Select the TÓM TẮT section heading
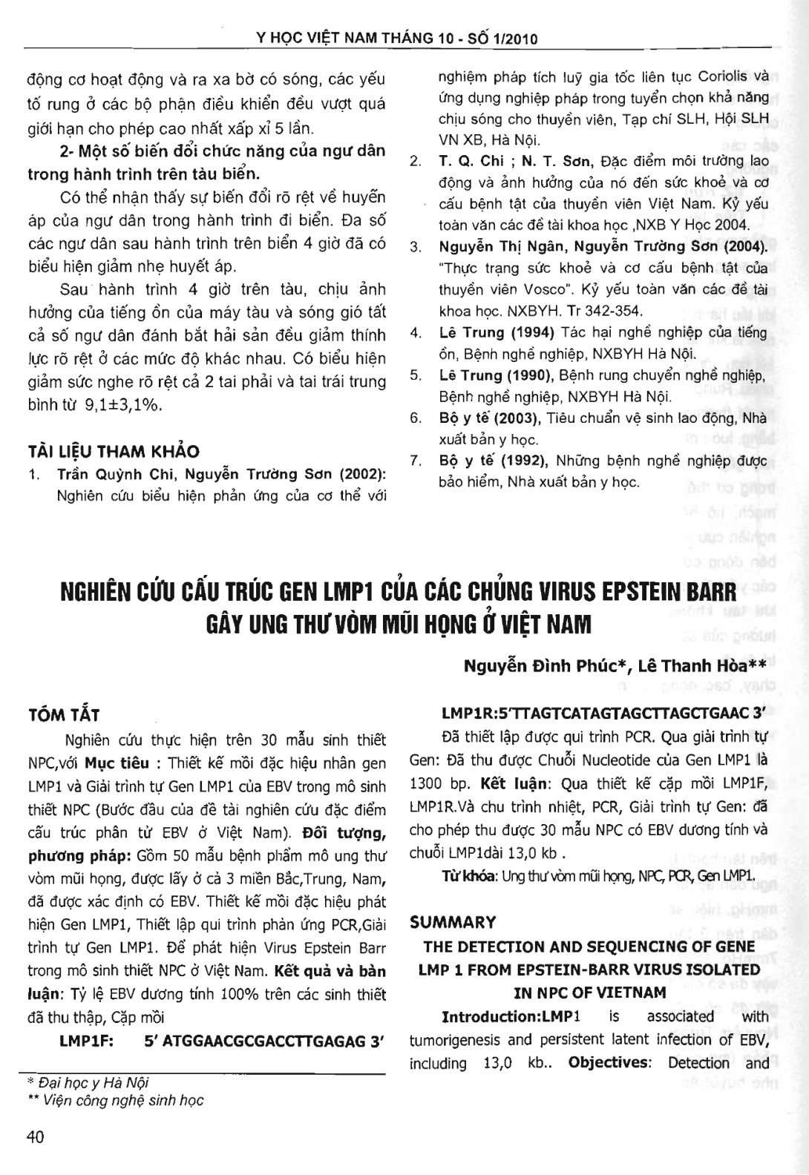click(63, 715)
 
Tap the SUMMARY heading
click(453, 922)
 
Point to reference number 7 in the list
click(416, 461)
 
